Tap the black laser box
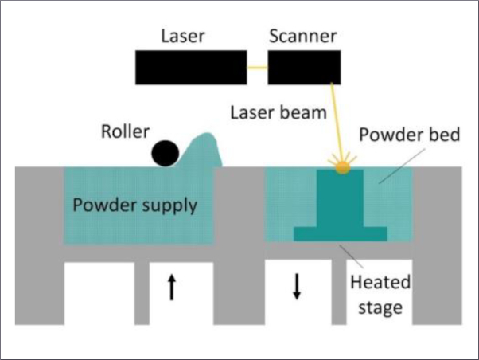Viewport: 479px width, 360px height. pyautogui.click(x=190, y=67)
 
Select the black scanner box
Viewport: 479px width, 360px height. pyautogui.click(x=305, y=67)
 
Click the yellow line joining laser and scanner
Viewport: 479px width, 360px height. pyautogui.click(x=257, y=68)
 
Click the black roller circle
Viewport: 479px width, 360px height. pyautogui.click(x=166, y=153)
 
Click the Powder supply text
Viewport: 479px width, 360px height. pyautogui.click(x=134, y=205)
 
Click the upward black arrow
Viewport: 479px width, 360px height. pyautogui.click(x=172, y=287)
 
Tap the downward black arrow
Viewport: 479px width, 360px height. pyautogui.click(x=297, y=287)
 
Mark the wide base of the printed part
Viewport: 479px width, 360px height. pyautogui.click(x=341, y=234)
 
